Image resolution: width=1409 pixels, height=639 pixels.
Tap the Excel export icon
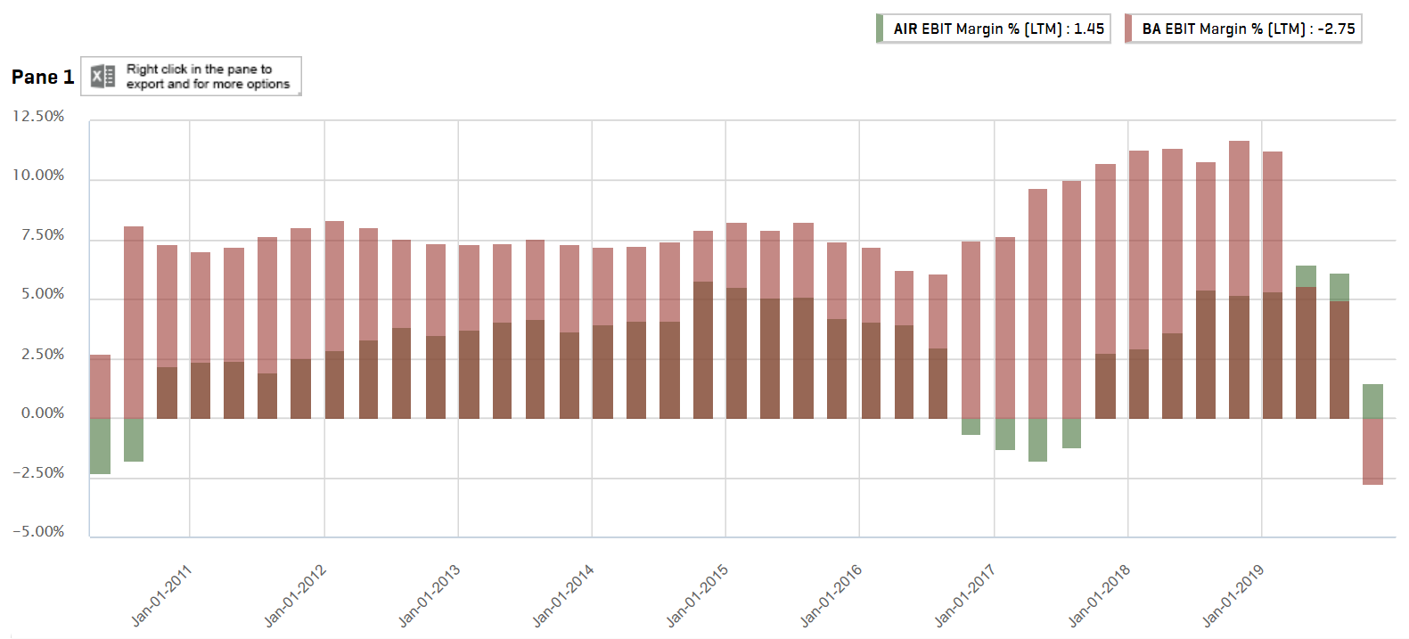point(103,77)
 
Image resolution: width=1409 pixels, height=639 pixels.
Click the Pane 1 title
point(43,78)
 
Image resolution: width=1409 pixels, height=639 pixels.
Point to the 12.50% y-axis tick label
point(38,117)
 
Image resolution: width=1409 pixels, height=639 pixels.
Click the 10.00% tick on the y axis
point(38,176)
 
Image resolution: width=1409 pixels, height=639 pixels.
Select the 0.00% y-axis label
point(43,414)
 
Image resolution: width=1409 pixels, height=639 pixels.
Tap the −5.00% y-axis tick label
point(38,532)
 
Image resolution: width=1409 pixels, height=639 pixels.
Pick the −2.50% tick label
point(38,473)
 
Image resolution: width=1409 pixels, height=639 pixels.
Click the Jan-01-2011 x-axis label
point(161,595)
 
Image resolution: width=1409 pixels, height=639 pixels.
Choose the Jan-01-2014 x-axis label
point(563,595)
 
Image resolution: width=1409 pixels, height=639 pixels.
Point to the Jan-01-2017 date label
point(964,595)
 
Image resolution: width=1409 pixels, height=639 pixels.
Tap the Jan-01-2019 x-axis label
point(1233,595)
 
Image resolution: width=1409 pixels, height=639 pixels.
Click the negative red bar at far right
point(1372,451)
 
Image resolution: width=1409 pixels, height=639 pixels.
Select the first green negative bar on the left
point(100,446)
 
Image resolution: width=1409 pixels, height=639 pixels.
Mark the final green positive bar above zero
point(1372,401)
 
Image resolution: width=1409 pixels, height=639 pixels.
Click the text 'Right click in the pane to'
point(199,69)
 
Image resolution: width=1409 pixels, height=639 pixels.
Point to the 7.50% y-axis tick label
point(43,235)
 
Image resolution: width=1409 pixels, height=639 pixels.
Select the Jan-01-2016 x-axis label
point(831,595)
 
